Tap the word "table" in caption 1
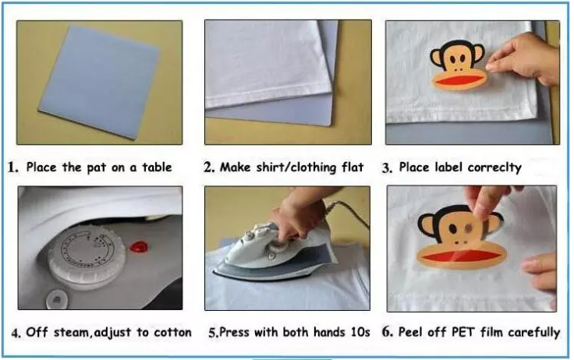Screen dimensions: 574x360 coord(157,168)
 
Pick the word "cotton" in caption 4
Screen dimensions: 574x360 coord(172,332)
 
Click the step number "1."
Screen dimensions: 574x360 coord(12,168)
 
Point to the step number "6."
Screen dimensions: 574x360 coord(388,332)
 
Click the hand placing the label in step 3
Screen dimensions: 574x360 coord(523,58)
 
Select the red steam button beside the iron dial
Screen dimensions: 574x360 coord(139,247)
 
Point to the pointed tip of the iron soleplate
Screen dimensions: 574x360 coord(214,273)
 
